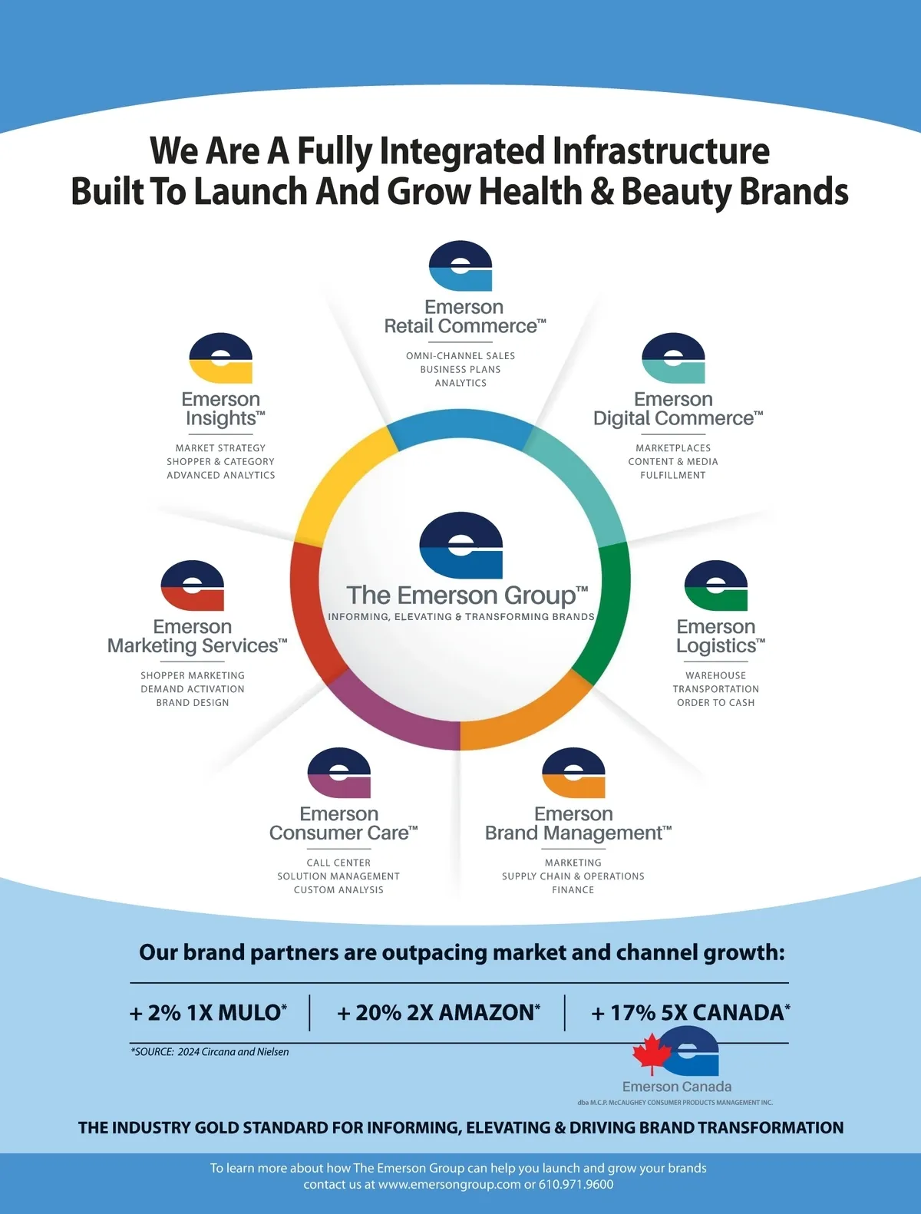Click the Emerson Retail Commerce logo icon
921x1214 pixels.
(x=460, y=266)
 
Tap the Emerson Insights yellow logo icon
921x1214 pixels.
(x=221, y=358)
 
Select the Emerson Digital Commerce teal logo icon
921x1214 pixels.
(x=673, y=358)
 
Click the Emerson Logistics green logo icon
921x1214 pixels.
(x=715, y=586)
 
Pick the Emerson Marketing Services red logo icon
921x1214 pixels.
(x=193, y=586)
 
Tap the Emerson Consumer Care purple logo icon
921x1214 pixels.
(x=338, y=773)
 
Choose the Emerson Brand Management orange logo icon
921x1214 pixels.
(x=573, y=773)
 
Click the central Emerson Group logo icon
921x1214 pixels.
(x=460, y=546)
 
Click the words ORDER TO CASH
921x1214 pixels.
(x=715, y=703)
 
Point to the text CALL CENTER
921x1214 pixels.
(x=338, y=863)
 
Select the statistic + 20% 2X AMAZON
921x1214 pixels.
(x=438, y=1013)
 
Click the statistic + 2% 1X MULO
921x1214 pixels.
(x=208, y=1013)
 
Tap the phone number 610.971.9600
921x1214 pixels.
(x=576, y=1184)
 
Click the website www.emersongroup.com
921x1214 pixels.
(x=449, y=1184)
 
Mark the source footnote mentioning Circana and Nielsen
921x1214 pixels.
(x=210, y=1052)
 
